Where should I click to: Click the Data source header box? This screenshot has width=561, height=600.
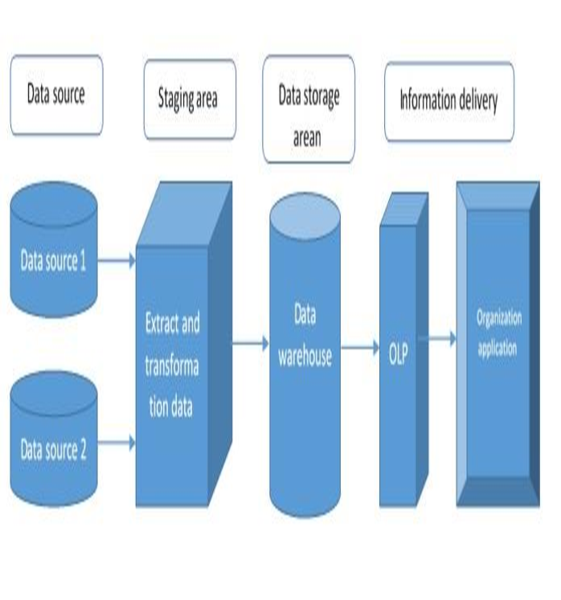(56, 94)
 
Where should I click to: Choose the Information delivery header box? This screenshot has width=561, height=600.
(448, 100)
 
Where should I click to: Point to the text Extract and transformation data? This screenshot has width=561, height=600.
(172, 365)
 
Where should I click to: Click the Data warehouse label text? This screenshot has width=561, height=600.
(305, 337)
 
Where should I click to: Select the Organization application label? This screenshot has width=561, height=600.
(498, 333)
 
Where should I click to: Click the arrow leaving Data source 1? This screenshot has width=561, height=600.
(118, 259)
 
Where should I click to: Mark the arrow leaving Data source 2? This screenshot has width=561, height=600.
(118, 441)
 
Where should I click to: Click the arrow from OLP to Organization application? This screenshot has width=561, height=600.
(438, 338)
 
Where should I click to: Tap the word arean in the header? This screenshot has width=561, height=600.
(307, 137)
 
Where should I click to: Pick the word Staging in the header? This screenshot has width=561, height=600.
(175, 99)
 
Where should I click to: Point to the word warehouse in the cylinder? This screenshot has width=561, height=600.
(305, 357)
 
